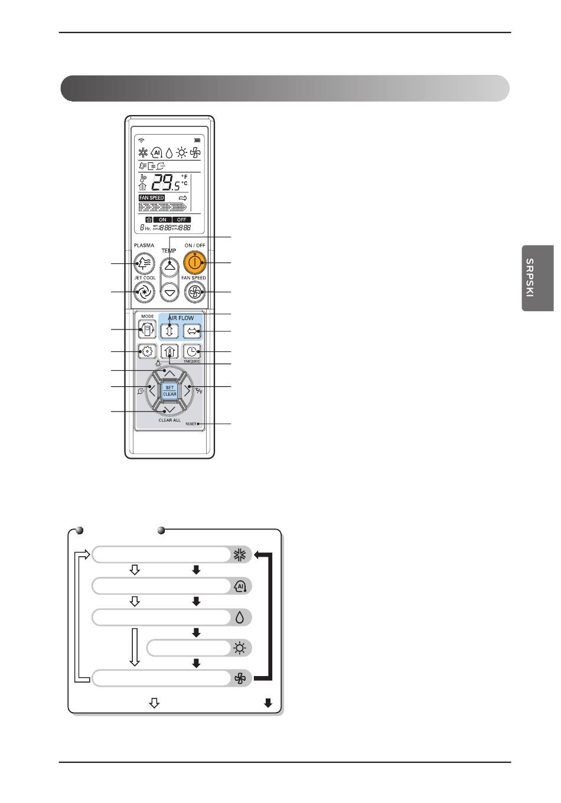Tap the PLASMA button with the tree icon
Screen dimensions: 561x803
(x=144, y=263)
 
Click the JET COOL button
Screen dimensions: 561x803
(x=144, y=291)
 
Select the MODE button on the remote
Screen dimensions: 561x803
(x=146, y=329)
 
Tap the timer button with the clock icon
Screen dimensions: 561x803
(x=192, y=352)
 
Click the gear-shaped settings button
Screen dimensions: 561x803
(x=146, y=352)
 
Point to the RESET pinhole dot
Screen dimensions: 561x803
(x=199, y=424)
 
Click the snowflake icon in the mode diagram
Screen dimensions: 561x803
(x=240, y=554)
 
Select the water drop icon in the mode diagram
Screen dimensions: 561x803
(x=240, y=618)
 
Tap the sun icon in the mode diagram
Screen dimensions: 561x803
(x=240, y=648)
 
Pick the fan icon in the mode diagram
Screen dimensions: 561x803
(x=240, y=679)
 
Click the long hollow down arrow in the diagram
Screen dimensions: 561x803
(x=135, y=647)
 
